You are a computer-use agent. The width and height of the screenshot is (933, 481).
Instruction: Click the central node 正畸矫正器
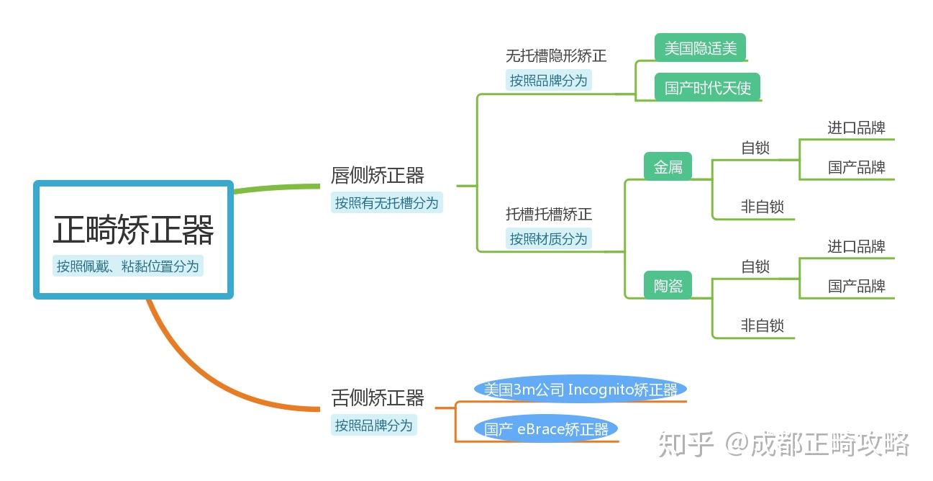tap(133, 230)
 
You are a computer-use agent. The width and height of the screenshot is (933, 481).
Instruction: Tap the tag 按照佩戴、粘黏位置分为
tap(128, 266)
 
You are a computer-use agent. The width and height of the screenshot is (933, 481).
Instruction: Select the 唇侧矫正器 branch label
tap(378, 175)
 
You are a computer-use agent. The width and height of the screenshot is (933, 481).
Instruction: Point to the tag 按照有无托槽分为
tap(386, 203)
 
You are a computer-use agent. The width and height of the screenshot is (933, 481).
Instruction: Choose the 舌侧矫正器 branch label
tap(378, 397)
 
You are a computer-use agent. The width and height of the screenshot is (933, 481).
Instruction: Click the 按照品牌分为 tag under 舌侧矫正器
tap(374, 426)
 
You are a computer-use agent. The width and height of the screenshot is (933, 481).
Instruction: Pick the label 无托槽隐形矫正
tap(556, 55)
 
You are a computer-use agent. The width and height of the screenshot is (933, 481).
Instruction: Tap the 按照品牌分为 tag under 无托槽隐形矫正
tap(549, 81)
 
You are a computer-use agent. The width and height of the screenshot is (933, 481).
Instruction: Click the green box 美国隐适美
tap(700, 48)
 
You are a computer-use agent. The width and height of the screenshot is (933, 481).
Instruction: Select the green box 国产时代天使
tap(707, 88)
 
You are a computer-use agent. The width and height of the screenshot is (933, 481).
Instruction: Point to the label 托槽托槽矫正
tap(549, 214)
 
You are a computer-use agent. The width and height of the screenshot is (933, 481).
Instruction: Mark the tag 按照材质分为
tap(549, 239)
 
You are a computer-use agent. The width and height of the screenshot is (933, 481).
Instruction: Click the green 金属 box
tap(668, 167)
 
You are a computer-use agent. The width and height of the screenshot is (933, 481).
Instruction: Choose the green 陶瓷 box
tap(668, 286)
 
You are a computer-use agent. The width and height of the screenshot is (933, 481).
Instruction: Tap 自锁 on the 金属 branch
tap(755, 148)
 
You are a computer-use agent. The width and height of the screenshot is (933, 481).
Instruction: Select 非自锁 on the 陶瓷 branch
tap(763, 325)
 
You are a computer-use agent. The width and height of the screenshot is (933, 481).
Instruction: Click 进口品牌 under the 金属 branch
tap(856, 128)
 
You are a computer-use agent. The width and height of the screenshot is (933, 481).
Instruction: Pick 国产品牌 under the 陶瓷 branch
tap(856, 286)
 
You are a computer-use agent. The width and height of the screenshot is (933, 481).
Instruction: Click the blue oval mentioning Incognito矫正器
tap(580, 390)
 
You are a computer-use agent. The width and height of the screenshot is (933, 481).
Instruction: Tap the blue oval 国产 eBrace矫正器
tap(546, 430)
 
